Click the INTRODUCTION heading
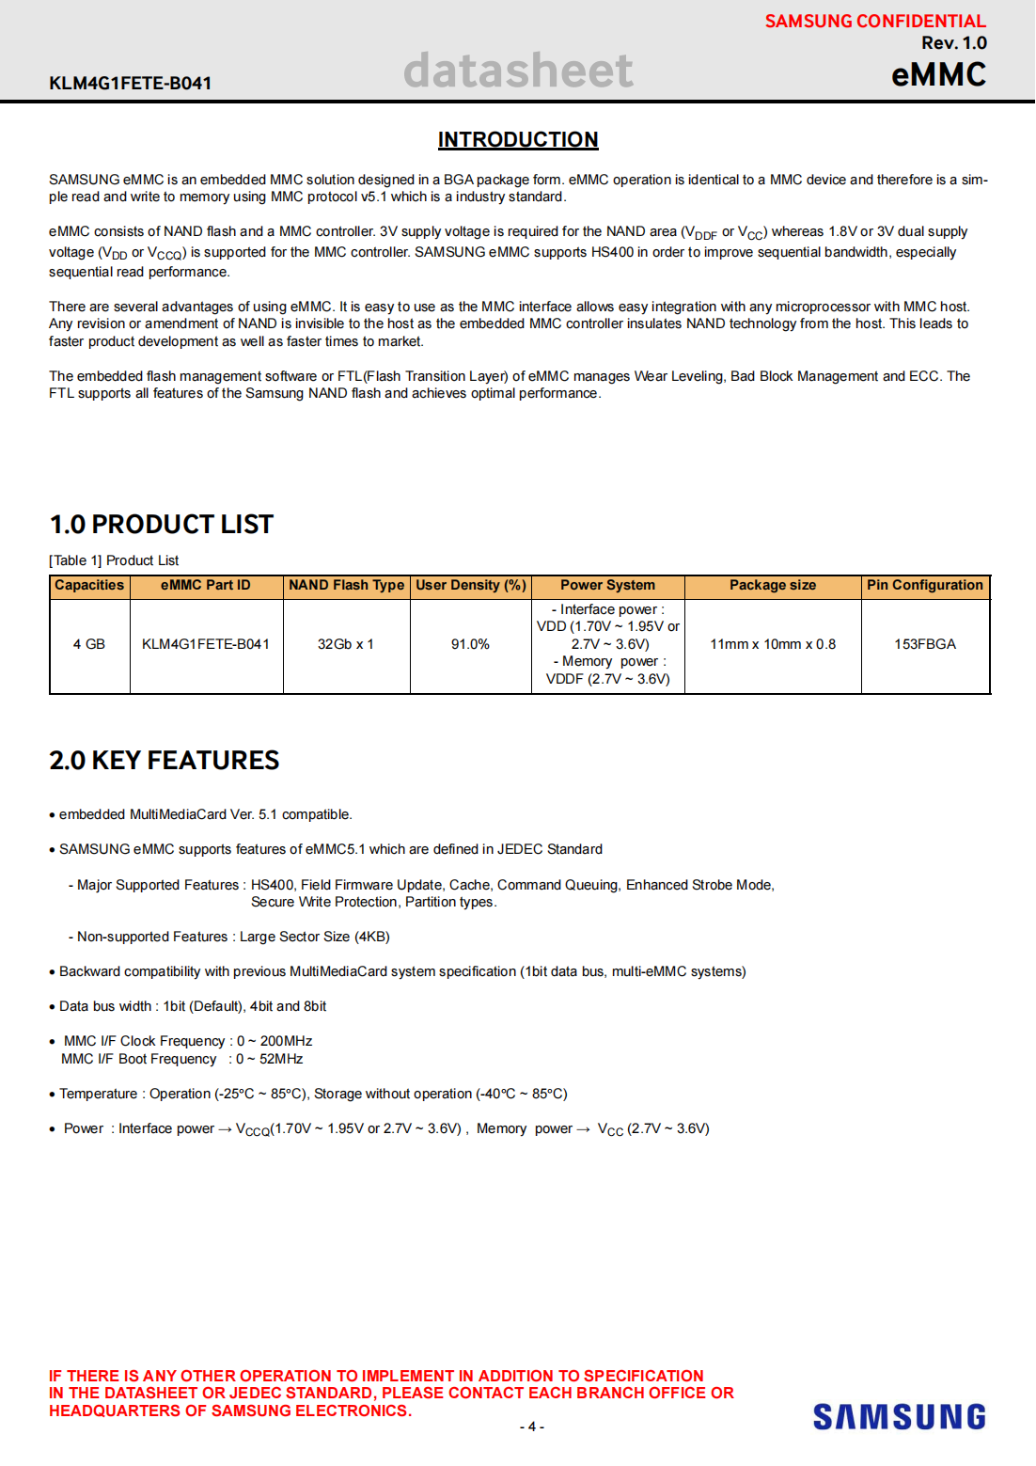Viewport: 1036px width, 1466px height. click(518, 140)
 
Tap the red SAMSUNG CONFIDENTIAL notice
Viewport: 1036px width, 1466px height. click(874, 21)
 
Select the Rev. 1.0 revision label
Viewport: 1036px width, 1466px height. click(953, 43)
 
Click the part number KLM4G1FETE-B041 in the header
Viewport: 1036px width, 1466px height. click(130, 84)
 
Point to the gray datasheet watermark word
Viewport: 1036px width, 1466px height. click(518, 71)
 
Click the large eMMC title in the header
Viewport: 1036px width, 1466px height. click(938, 75)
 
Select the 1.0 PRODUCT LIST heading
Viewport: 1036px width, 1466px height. click(161, 525)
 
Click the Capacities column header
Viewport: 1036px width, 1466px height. click(89, 586)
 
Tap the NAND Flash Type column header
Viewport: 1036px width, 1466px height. click(346, 586)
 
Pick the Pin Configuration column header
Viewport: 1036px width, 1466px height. click(924, 586)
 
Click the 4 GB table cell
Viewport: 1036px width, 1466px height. click(89, 645)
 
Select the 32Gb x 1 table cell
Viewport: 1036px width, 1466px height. click(346, 645)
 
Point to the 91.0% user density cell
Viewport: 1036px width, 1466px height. click(470, 645)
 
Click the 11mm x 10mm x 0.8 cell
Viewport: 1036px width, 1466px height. click(772, 645)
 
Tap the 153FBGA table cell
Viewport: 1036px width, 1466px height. click(924, 645)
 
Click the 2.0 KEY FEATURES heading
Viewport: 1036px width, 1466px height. click(164, 761)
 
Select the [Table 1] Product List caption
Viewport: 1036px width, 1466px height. click(114, 561)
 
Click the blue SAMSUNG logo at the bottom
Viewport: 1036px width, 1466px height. click(899, 1417)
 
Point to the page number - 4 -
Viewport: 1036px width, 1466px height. click(532, 1427)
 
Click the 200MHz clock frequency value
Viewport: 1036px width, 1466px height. click(286, 1042)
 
